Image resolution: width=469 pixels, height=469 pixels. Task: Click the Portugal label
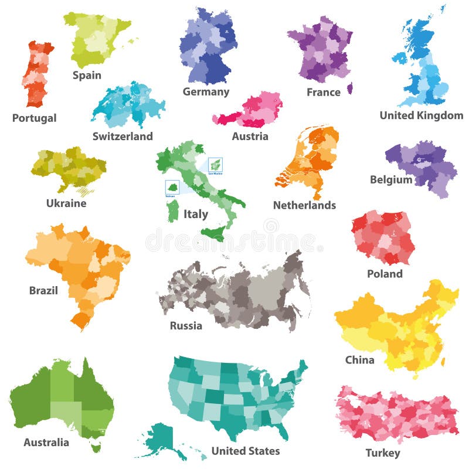point(35,118)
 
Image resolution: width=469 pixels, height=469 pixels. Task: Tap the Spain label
point(87,75)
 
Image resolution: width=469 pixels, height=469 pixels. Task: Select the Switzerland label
point(123,136)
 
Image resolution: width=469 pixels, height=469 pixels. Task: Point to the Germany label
point(206,91)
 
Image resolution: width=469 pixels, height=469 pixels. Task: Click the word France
point(323,92)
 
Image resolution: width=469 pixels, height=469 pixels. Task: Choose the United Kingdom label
point(421,115)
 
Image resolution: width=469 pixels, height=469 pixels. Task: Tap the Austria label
point(250,136)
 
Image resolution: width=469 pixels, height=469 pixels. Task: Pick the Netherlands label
point(304,205)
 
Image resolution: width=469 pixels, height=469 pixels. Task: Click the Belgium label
point(391,179)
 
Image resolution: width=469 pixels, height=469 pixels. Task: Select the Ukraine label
point(66,203)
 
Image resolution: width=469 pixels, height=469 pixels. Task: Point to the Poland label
point(385,273)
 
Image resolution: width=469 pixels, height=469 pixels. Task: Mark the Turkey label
point(383,453)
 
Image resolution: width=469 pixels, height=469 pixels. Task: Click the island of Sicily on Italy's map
point(213,234)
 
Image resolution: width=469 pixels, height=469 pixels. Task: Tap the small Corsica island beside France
point(350,88)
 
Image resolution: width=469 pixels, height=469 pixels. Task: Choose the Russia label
point(186,325)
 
